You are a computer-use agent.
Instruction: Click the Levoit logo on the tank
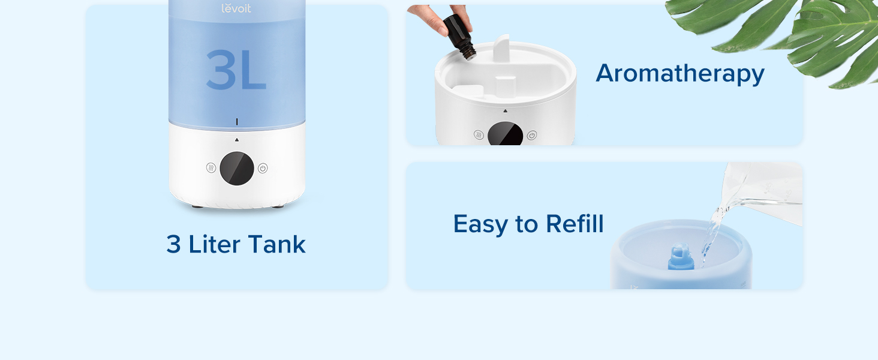click(x=236, y=8)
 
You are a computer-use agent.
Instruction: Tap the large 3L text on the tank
click(x=236, y=70)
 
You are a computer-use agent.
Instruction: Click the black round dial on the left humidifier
click(x=237, y=168)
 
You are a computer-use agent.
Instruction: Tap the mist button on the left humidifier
click(x=211, y=168)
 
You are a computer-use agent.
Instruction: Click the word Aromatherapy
click(x=679, y=73)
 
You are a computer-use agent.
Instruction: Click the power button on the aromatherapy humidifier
click(x=531, y=135)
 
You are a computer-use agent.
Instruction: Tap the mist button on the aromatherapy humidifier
click(x=479, y=135)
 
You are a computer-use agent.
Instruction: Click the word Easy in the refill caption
click(x=477, y=224)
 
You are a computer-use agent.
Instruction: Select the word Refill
click(x=574, y=224)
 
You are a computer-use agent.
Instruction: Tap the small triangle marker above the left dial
click(x=237, y=140)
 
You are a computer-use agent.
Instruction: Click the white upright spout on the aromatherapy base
click(x=501, y=48)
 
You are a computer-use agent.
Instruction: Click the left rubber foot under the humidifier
click(x=197, y=206)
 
